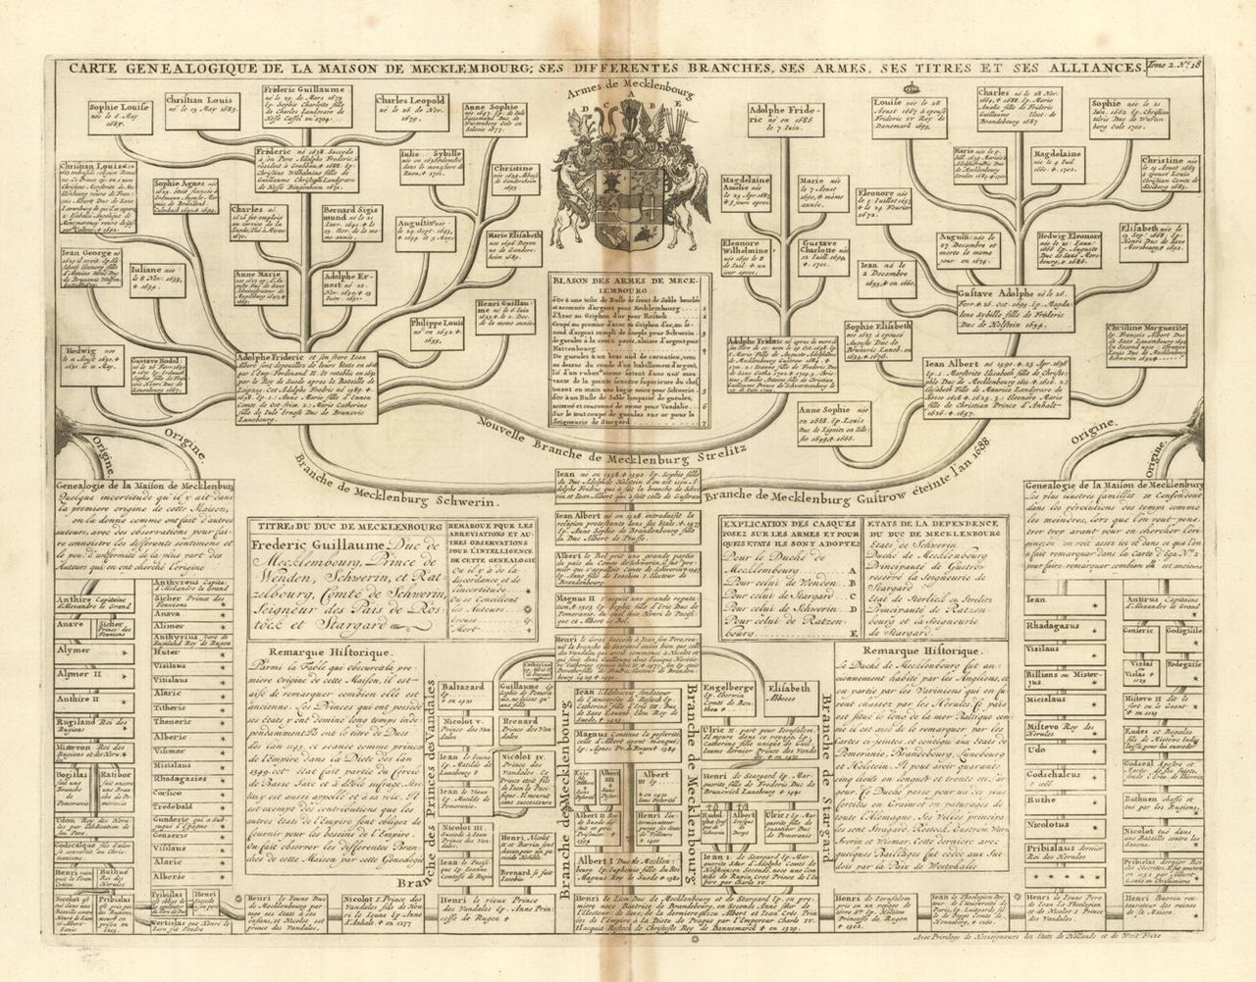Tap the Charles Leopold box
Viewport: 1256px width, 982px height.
(411, 108)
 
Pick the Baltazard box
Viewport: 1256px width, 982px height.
(462, 691)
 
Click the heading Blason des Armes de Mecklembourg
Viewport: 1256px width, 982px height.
(628, 285)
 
